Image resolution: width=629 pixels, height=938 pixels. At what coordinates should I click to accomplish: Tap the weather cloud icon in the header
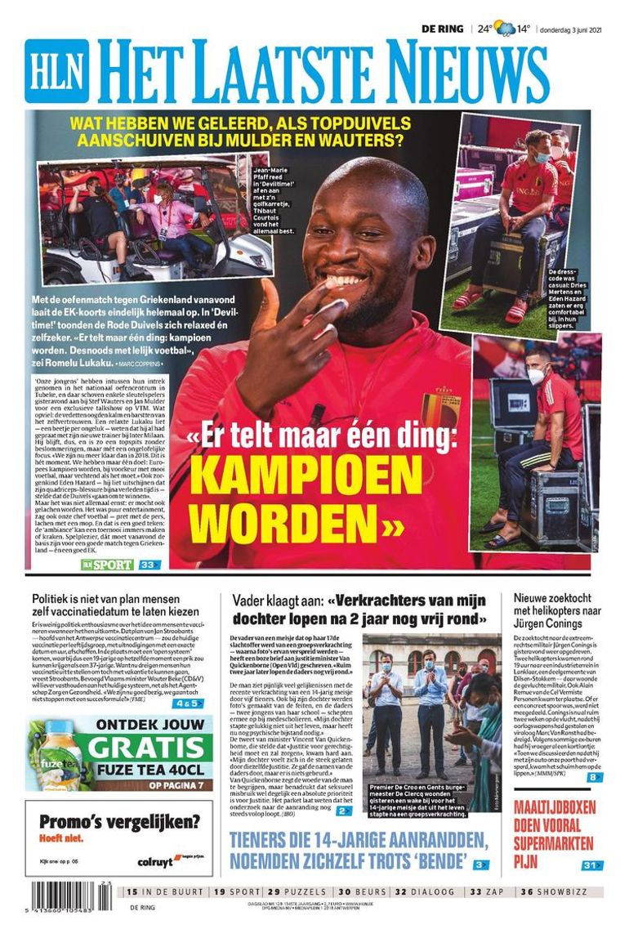pyautogui.click(x=504, y=29)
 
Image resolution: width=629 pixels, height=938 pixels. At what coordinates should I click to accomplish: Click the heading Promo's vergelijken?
pyautogui.click(x=118, y=822)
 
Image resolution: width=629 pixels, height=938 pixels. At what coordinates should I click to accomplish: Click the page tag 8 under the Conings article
pyautogui.click(x=594, y=777)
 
